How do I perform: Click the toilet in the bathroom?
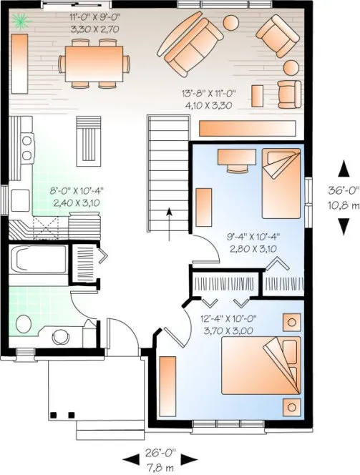(23, 324)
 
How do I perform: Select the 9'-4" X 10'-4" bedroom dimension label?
(253, 243)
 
